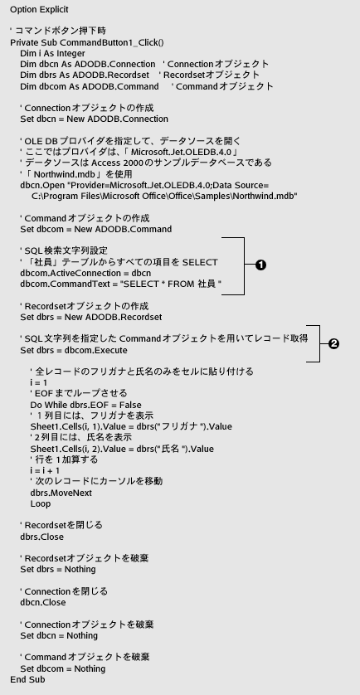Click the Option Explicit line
(x=39, y=9)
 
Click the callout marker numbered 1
(x=261, y=265)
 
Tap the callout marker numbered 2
(x=333, y=343)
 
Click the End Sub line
(x=27, y=679)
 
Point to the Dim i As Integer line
(x=52, y=53)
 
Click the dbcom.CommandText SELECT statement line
(x=120, y=284)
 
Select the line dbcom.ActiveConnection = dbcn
(x=85, y=273)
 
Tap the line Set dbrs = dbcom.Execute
(x=74, y=350)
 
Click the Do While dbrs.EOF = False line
(x=86, y=405)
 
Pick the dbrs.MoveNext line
(x=61, y=493)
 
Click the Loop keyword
(x=41, y=503)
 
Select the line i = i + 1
(x=45, y=470)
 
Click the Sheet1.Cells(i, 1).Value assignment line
(x=131, y=427)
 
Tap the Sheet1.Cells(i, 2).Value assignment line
(x=122, y=449)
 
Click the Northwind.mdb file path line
(x=164, y=196)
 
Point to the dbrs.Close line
(x=41, y=537)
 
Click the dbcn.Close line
(x=42, y=602)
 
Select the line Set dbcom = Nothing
(x=62, y=668)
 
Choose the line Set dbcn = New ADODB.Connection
(x=94, y=119)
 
